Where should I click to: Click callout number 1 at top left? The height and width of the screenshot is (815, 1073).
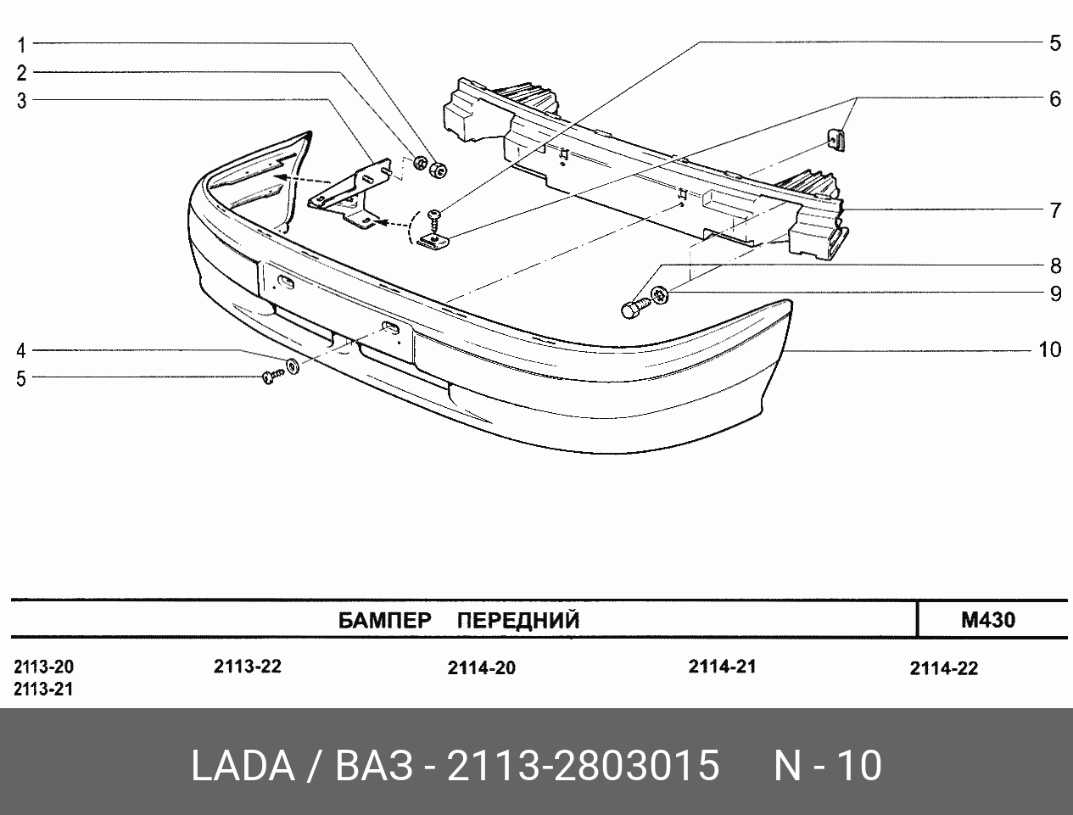click(21, 45)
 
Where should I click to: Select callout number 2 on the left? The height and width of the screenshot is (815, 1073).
click(21, 73)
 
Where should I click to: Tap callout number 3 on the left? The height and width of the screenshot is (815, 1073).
click(21, 101)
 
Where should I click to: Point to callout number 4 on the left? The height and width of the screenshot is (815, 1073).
click(20, 350)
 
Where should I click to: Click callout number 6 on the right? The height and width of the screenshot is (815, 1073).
click(1055, 99)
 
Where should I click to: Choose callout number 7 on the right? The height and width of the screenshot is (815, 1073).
click(1056, 210)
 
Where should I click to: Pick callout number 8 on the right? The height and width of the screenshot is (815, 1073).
click(1056, 266)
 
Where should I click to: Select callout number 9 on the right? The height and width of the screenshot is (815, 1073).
click(1056, 293)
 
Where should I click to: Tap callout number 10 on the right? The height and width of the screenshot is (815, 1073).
click(1049, 350)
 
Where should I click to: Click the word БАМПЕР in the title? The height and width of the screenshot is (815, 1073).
click(385, 621)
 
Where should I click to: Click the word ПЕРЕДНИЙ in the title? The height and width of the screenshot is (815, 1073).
click(518, 621)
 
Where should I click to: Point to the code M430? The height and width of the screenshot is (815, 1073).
click(988, 620)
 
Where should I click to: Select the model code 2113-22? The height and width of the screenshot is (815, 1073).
click(248, 667)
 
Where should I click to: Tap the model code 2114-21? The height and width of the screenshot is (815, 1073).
click(722, 667)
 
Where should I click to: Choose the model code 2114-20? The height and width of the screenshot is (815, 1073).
click(482, 668)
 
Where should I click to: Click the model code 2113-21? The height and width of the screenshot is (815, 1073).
click(43, 689)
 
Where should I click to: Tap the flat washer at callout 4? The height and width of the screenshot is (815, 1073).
click(293, 366)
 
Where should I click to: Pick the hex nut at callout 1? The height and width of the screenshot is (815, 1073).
click(438, 170)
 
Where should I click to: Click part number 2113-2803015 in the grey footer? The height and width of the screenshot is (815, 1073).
click(584, 766)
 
